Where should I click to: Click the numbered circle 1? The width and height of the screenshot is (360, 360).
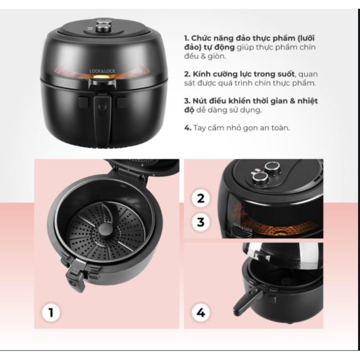(x=51, y=312)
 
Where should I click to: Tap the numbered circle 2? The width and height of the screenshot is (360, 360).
(x=201, y=198)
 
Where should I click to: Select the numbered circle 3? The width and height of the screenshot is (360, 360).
(x=201, y=222)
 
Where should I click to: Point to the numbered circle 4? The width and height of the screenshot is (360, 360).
(x=201, y=312)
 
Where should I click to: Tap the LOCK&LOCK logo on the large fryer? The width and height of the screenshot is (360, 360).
(x=103, y=71)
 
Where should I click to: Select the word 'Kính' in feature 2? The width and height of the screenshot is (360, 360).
(x=202, y=74)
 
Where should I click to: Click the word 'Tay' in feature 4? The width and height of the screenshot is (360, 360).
(x=199, y=128)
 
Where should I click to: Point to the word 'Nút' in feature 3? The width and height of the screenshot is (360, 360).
(x=200, y=101)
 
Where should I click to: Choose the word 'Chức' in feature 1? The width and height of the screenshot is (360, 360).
(x=201, y=38)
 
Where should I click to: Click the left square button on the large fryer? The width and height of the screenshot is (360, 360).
(x=84, y=102)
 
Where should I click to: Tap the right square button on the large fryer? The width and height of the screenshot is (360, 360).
(x=121, y=103)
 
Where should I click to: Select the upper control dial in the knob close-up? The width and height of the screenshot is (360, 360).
(x=273, y=168)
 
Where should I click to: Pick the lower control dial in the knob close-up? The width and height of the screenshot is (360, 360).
(x=260, y=179)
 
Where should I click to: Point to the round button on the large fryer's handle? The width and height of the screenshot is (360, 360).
(x=102, y=106)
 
